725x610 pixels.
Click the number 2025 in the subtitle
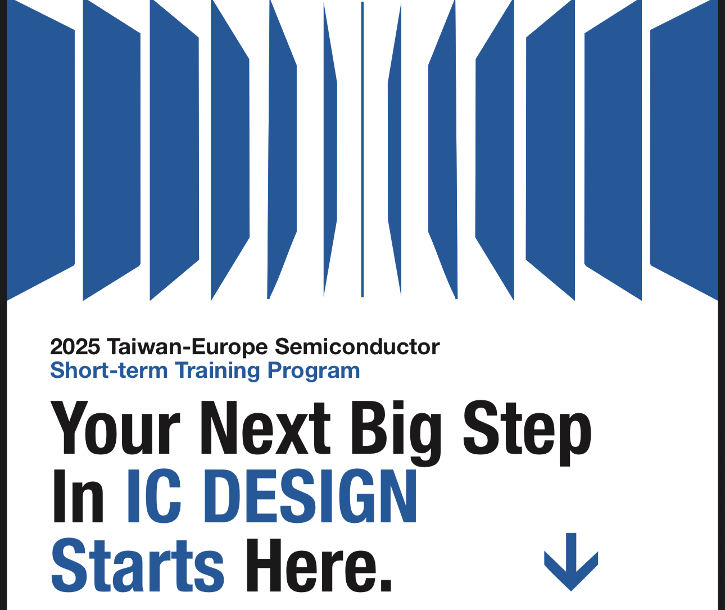(75, 346)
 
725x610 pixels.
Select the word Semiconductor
(357, 346)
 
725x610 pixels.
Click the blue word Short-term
(109, 370)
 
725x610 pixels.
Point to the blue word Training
(217, 371)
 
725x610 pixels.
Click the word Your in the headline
(115, 428)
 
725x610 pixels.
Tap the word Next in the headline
(265, 428)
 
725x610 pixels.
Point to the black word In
(78, 496)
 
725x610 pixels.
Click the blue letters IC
(154, 496)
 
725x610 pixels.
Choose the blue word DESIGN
(310, 496)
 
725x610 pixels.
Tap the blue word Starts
(138, 565)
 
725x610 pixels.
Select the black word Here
(310, 564)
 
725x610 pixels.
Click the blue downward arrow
(571, 562)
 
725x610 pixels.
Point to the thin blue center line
(362, 150)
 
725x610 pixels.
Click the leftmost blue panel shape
(40, 150)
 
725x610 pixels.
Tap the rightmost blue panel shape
(684, 150)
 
